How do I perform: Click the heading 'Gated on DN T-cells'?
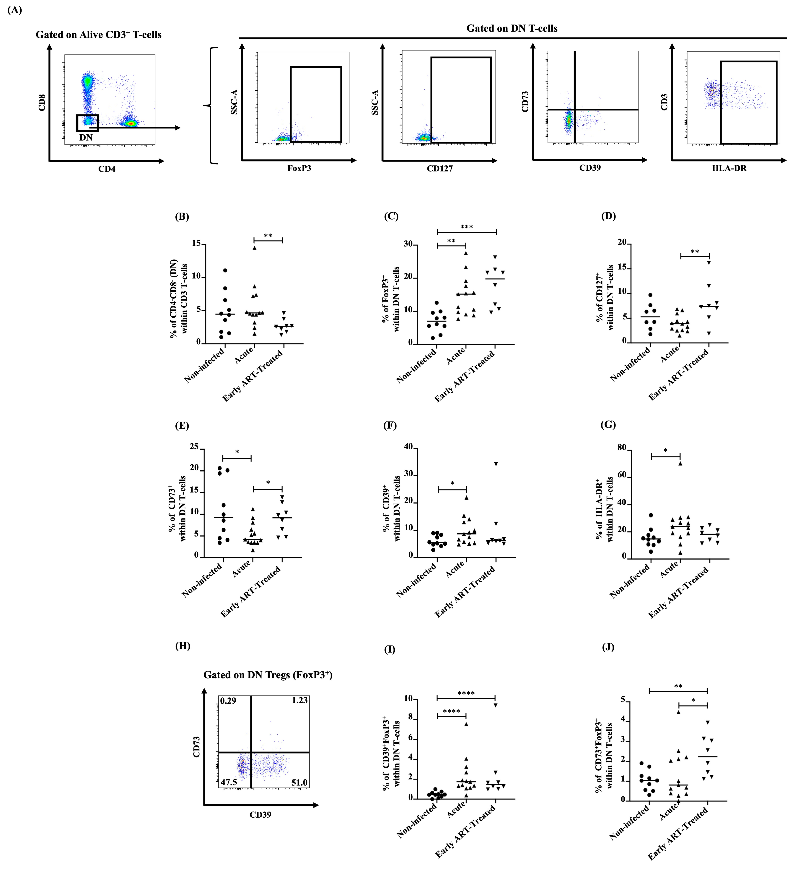[x=512, y=28]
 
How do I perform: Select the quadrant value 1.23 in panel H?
[x=299, y=700]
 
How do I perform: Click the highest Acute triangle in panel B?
[x=254, y=248]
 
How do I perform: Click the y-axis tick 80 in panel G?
[x=621, y=448]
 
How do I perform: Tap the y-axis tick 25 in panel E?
[x=194, y=447]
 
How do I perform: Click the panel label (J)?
[x=608, y=648]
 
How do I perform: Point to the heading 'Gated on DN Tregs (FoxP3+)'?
[x=268, y=675]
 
